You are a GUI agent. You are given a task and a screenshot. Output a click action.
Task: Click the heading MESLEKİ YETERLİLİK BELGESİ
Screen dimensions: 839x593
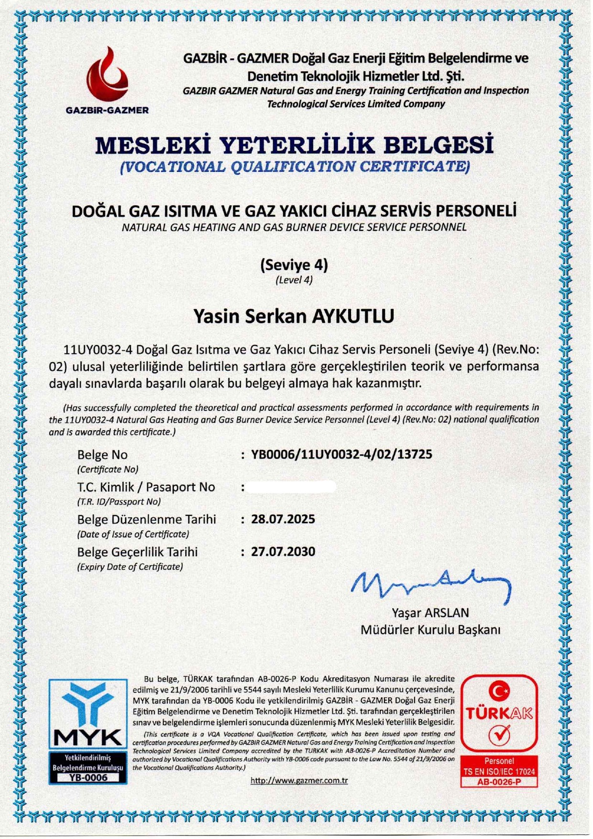(x=294, y=145)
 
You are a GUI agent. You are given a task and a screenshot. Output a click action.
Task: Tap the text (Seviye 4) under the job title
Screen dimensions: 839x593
(x=294, y=265)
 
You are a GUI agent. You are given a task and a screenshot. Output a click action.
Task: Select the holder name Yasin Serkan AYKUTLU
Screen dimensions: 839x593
(x=294, y=316)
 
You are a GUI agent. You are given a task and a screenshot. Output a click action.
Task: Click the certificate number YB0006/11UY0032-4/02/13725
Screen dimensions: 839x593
(x=341, y=454)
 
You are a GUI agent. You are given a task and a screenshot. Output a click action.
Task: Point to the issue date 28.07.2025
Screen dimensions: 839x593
(x=283, y=519)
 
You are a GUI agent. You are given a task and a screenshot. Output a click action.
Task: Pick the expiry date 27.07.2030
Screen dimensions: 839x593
(x=283, y=552)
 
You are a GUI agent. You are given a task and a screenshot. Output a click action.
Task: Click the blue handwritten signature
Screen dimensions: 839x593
(x=430, y=585)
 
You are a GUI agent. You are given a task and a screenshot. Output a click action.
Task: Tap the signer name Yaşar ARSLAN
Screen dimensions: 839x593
(x=430, y=613)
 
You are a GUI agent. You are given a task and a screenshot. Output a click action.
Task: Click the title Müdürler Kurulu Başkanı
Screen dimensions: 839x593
(x=430, y=630)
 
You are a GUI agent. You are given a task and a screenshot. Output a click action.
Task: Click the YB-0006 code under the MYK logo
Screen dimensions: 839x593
(x=88, y=778)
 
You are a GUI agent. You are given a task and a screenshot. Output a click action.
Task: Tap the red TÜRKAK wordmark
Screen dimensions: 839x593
(x=499, y=714)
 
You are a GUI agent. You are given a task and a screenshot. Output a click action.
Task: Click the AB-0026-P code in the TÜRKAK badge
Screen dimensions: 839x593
(x=499, y=782)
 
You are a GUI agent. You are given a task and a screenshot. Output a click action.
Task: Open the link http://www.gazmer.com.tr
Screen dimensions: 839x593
(x=299, y=781)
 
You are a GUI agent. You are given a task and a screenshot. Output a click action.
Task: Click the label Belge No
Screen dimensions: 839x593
(x=102, y=455)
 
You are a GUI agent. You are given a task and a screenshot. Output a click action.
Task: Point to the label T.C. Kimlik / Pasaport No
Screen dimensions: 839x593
(x=146, y=487)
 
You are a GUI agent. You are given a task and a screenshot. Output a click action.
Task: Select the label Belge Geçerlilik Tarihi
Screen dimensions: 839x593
(x=137, y=552)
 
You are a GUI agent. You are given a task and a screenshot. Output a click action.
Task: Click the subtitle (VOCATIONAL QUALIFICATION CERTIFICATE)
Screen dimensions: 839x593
(x=295, y=167)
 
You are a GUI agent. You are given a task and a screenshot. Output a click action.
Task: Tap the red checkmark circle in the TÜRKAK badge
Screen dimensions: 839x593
(x=499, y=734)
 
